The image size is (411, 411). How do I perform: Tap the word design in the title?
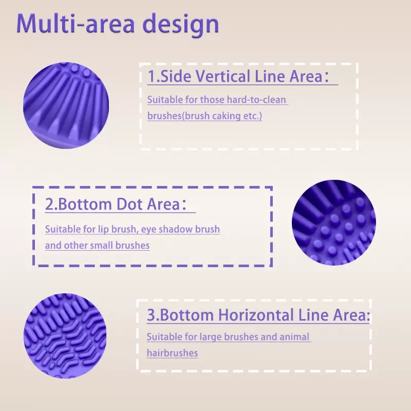pos(181,25)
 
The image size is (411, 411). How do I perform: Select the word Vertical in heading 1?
pos(223,76)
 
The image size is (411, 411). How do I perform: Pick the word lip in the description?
pos(103,229)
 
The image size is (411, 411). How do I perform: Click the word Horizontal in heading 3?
pos(256,315)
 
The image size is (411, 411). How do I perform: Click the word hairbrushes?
pos(172,353)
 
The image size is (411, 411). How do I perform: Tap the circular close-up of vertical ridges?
pos(66,105)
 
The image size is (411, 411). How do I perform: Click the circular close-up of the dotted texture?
pos(333,222)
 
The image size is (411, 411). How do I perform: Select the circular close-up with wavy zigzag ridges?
pos(65,336)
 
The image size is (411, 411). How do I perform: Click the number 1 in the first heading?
pos(152,76)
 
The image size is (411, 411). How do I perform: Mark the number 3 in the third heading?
pos(151,315)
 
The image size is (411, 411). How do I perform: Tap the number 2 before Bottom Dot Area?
pos(49,204)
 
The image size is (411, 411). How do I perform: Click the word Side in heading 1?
pos(176,76)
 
